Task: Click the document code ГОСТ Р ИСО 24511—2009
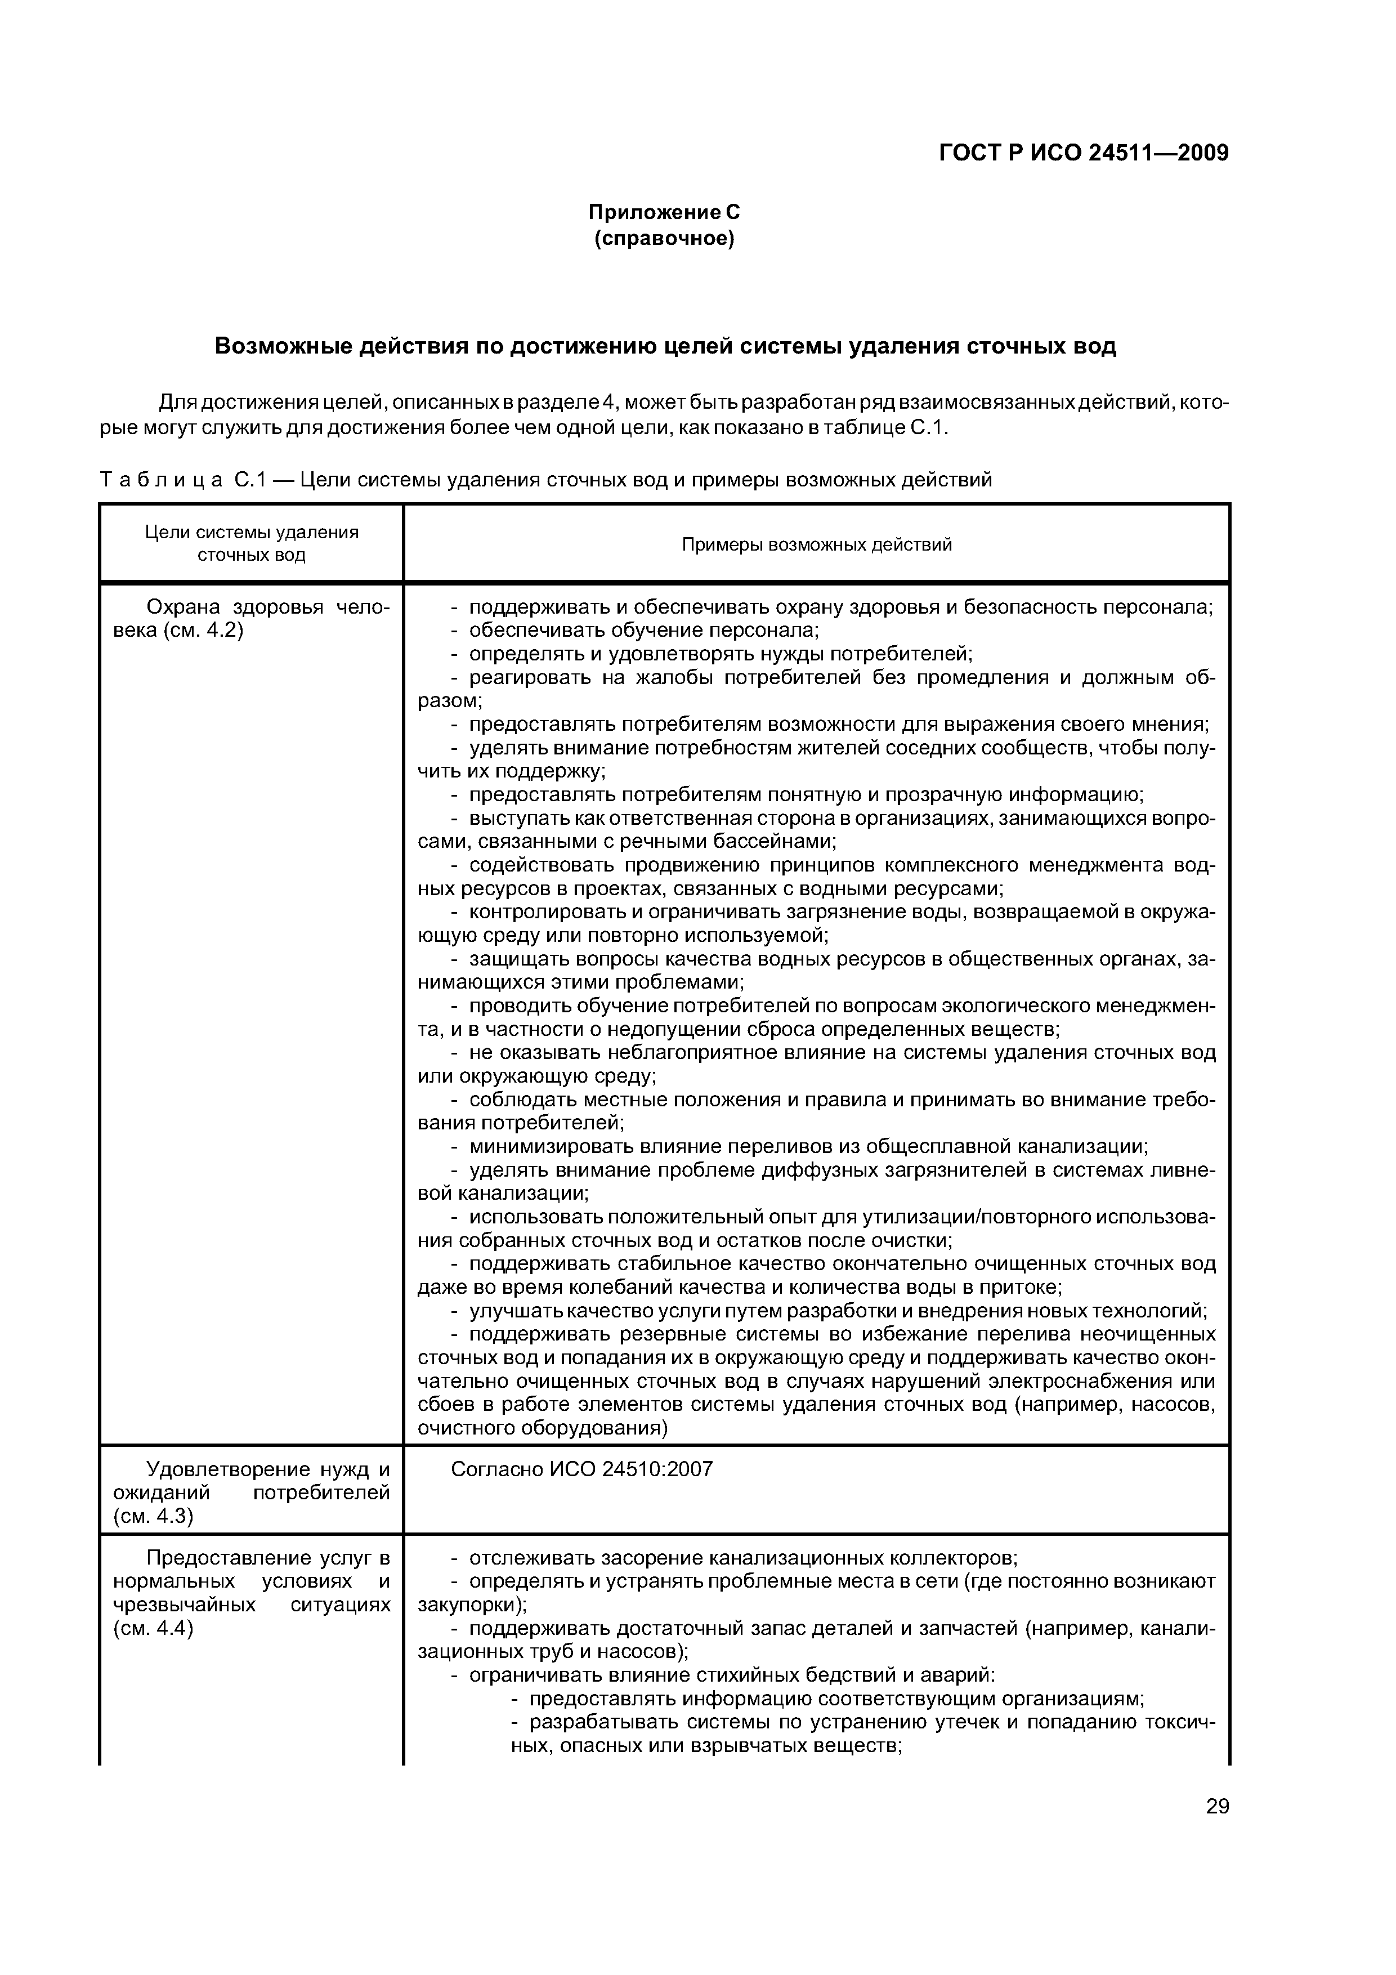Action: click(1083, 153)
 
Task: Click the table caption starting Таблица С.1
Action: click(545, 479)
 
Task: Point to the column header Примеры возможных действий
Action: click(816, 544)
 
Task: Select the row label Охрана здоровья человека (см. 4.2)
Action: click(251, 619)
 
